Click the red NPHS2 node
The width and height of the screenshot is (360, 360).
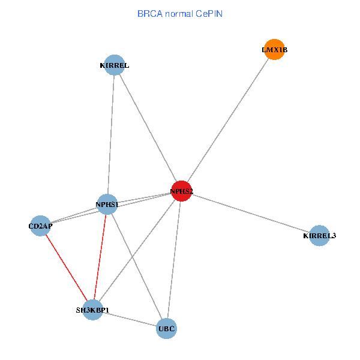(181, 191)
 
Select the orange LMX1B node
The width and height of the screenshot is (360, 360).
(274, 50)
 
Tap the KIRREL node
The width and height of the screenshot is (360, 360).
(114, 65)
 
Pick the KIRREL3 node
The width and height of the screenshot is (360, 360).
(319, 236)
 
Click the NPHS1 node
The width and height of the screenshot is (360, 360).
(107, 205)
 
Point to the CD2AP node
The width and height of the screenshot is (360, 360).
(40, 226)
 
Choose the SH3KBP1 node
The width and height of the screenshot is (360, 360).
(92, 310)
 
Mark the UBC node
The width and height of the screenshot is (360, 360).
(166, 329)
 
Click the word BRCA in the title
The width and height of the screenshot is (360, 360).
(148, 13)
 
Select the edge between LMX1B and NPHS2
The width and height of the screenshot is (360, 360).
(228, 120)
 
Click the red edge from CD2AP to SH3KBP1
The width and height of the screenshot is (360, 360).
(66, 268)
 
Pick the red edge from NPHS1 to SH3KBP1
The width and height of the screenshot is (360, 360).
(100, 258)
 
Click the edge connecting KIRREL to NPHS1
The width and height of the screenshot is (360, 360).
(110, 135)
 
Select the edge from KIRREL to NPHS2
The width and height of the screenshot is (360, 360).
(148, 128)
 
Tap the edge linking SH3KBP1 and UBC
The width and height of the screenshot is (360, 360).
(129, 319)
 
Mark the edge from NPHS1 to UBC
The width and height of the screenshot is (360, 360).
(136, 266)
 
